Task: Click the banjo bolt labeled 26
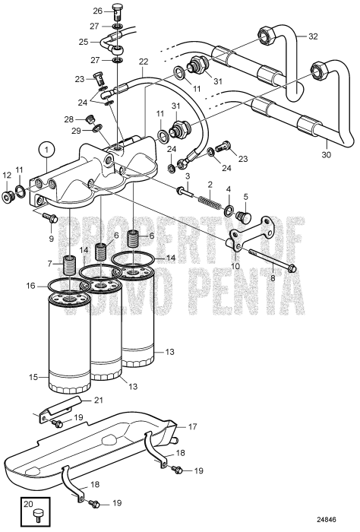[x=116, y=13]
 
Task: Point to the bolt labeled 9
[x=51, y=218]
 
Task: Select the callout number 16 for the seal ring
[x=30, y=286]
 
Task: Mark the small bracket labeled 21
[x=57, y=413]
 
